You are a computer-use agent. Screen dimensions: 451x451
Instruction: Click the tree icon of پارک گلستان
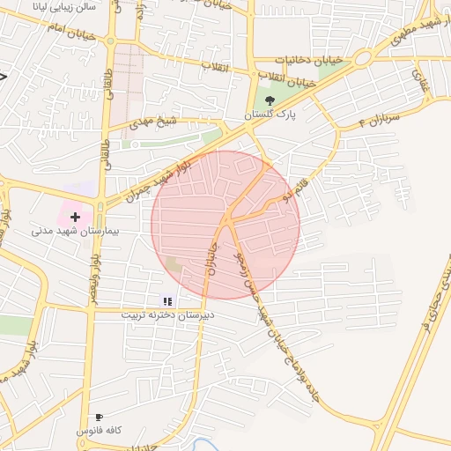tap(269, 100)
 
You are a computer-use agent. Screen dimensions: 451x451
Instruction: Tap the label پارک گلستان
tap(271, 115)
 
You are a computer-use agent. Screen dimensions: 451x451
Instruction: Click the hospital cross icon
tap(75, 216)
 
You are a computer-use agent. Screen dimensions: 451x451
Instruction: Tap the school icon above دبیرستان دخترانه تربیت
tap(168, 301)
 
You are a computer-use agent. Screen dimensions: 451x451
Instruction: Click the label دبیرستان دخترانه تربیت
tap(167, 314)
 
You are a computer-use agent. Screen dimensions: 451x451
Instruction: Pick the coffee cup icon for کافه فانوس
tap(99, 417)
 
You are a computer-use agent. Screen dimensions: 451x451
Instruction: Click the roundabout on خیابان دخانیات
tap(362, 59)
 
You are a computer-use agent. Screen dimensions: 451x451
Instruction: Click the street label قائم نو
tap(284, 192)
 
